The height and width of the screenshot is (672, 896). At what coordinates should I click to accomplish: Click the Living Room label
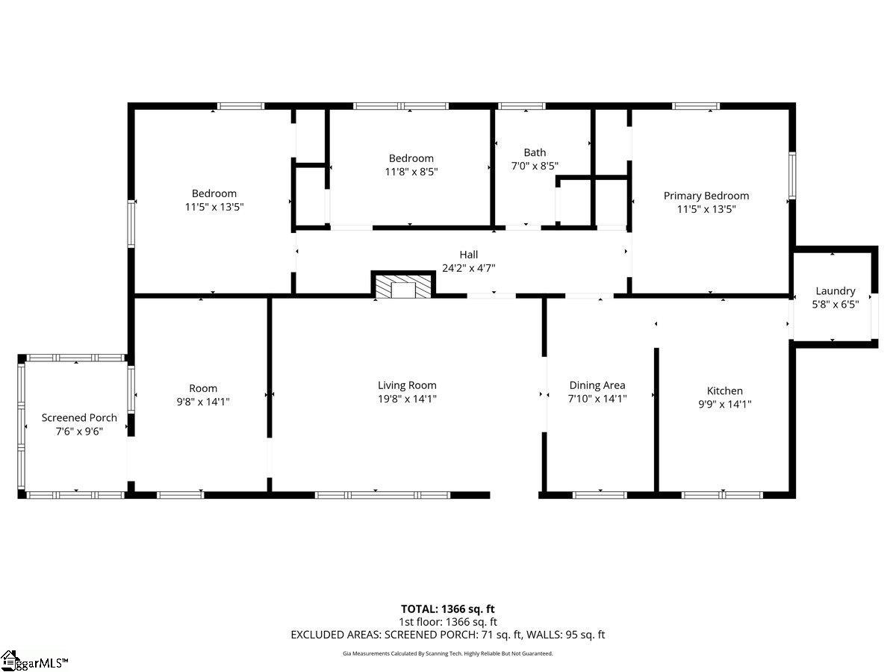(407, 385)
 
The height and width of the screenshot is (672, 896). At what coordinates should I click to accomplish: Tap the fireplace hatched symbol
(403, 286)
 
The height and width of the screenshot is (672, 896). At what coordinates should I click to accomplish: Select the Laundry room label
(836, 291)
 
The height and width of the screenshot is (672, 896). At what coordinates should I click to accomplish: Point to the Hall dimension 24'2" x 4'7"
(469, 268)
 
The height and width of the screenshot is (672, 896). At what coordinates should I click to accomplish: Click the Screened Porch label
(79, 418)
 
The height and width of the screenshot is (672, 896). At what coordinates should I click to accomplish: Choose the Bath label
(535, 152)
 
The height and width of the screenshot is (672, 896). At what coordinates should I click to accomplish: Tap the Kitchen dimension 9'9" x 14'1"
(724, 404)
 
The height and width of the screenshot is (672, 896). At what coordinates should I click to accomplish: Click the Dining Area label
(597, 385)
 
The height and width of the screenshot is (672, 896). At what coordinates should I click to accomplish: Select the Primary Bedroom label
(706, 196)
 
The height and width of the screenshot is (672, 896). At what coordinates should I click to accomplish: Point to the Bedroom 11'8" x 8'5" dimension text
(411, 172)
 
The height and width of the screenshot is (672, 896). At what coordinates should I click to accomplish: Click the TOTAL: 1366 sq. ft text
(447, 609)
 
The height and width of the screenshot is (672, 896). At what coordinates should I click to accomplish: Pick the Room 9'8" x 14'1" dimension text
(203, 402)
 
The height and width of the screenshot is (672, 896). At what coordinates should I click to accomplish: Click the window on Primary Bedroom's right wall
(792, 175)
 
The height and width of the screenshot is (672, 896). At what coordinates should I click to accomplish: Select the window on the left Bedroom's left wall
(131, 223)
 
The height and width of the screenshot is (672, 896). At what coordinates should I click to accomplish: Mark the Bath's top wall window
(522, 106)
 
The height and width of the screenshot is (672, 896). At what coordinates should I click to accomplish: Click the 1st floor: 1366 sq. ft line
(448, 622)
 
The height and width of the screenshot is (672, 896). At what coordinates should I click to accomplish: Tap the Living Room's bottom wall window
(382, 495)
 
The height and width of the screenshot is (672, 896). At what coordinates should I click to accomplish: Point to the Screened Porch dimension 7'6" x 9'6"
(79, 432)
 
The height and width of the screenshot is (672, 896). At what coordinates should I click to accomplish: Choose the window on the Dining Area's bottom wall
(600, 495)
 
